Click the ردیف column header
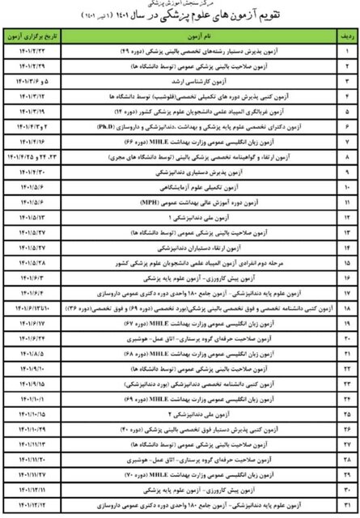click(x=347, y=37)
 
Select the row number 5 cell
click(x=347, y=111)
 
